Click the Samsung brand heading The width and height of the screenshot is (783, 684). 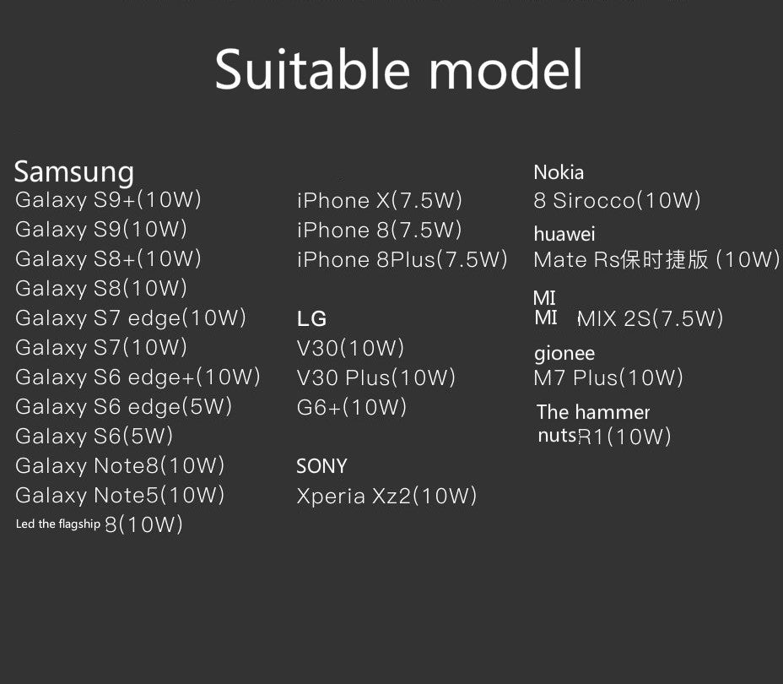74,173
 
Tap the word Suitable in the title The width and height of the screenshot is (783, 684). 312,69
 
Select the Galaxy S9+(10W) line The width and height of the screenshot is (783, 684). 108,200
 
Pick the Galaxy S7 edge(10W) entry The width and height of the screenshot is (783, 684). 131,318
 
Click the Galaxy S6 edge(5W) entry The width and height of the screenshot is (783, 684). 124,407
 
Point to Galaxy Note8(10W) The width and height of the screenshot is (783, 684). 120,465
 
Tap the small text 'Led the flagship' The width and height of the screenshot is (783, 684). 58,524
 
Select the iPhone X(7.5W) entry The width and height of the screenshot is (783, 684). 380,201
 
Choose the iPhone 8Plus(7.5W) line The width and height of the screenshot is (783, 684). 402,260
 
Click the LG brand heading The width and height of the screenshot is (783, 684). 311,318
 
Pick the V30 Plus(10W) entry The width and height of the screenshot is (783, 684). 376,377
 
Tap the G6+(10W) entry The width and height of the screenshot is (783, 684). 352,407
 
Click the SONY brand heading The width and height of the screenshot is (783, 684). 321,466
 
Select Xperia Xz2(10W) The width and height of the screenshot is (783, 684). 386,497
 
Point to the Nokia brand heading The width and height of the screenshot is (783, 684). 559,172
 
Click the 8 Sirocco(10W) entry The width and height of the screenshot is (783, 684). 618,201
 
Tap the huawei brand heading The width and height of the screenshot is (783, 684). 564,234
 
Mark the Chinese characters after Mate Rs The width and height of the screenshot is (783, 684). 664,260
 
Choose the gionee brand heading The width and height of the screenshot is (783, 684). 564,354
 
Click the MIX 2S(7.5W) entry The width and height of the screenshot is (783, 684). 651,318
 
